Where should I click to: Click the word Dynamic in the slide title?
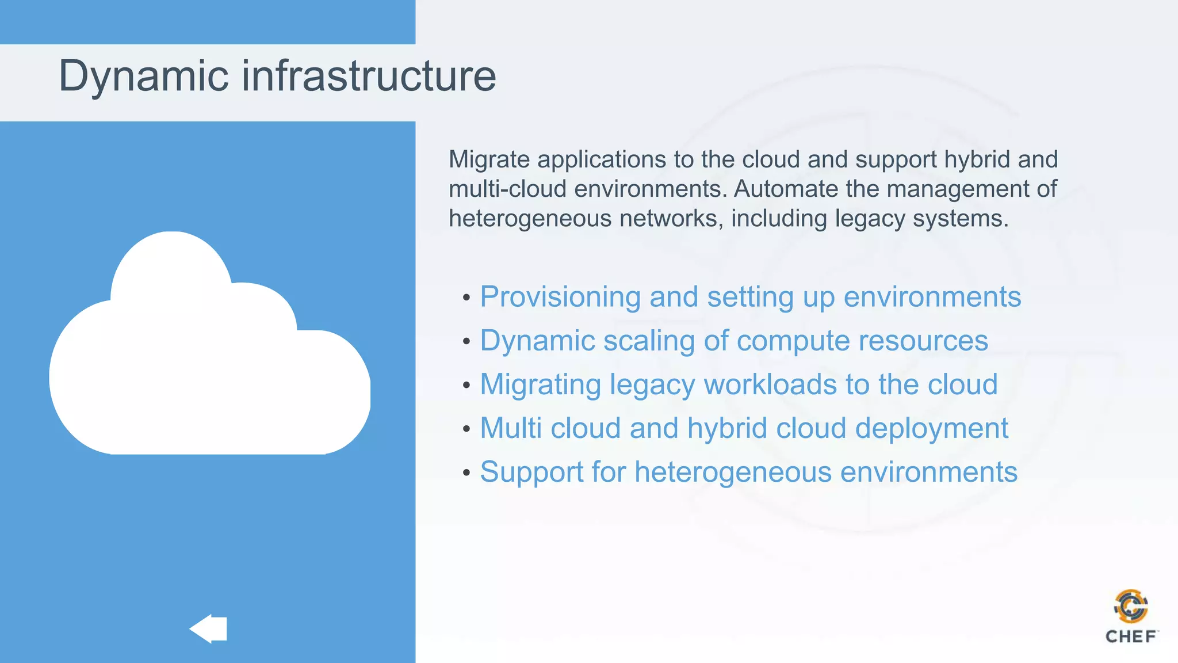coord(144,76)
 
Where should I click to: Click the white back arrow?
coord(208,628)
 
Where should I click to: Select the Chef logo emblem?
coord(1131,607)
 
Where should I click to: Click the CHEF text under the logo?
coord(1131,637)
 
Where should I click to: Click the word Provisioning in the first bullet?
coord(560,298)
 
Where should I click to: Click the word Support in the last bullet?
coord(531,473)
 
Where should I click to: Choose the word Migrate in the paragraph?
coord(489,160)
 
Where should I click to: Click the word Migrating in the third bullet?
coord(540,384)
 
